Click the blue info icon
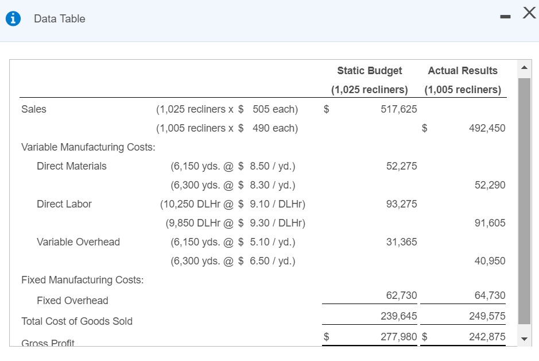click(13, 19)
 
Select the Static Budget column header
click(369, 71)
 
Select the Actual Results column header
click(463, 71)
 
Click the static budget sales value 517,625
click(399, 109)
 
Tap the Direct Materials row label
click(72, 166)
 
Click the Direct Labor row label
click(64, 204)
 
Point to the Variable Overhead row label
click(78, 242)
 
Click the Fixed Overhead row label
click(72, 301)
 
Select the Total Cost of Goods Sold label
click(77, 321)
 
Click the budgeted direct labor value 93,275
click(401, 204)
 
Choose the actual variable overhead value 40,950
click(490, 261)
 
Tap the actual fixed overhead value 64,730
click(490, 295)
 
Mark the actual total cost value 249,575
click(487, 316)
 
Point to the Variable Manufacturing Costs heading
click(88, 147)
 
